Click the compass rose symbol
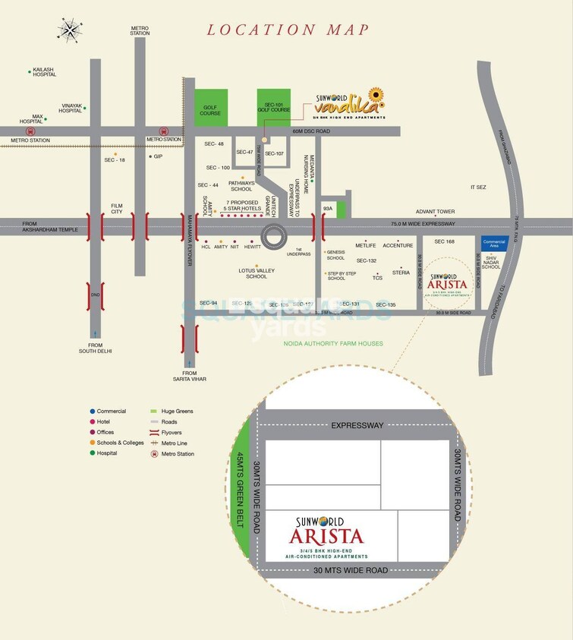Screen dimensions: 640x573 point(70,30)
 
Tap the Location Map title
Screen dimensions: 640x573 point(288,30)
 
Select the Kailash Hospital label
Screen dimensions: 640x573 point(45,72)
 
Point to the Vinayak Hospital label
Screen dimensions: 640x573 point(70,109)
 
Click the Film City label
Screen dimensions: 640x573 point(116,207)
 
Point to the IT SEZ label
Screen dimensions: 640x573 point(478,187)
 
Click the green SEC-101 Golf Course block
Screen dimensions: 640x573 point(274,106)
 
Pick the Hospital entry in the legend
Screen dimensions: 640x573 point(106,453)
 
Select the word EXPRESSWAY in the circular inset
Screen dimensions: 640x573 point(357,426)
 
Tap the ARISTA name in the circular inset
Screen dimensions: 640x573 point(326,535)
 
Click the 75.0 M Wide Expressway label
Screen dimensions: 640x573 point(423,224)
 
